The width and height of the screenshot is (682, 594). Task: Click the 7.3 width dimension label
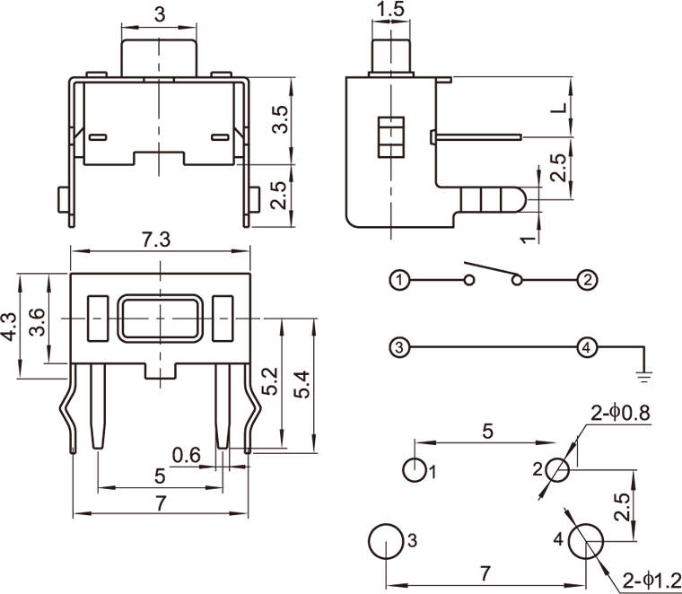coord(158,240)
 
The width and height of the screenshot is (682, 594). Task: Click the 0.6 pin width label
coord(186,455)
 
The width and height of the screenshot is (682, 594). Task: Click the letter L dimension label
coord(558,109)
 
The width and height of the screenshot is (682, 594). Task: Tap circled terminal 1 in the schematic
coord(399,281)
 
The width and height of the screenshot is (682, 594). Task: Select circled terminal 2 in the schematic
coord(586,281)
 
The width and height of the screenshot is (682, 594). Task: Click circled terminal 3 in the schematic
coord(399,346)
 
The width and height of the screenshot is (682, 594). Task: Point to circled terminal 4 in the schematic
coord(586,346)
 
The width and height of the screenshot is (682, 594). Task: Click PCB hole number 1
coord(414,469)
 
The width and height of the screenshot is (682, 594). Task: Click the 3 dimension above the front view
coord(160,14)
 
